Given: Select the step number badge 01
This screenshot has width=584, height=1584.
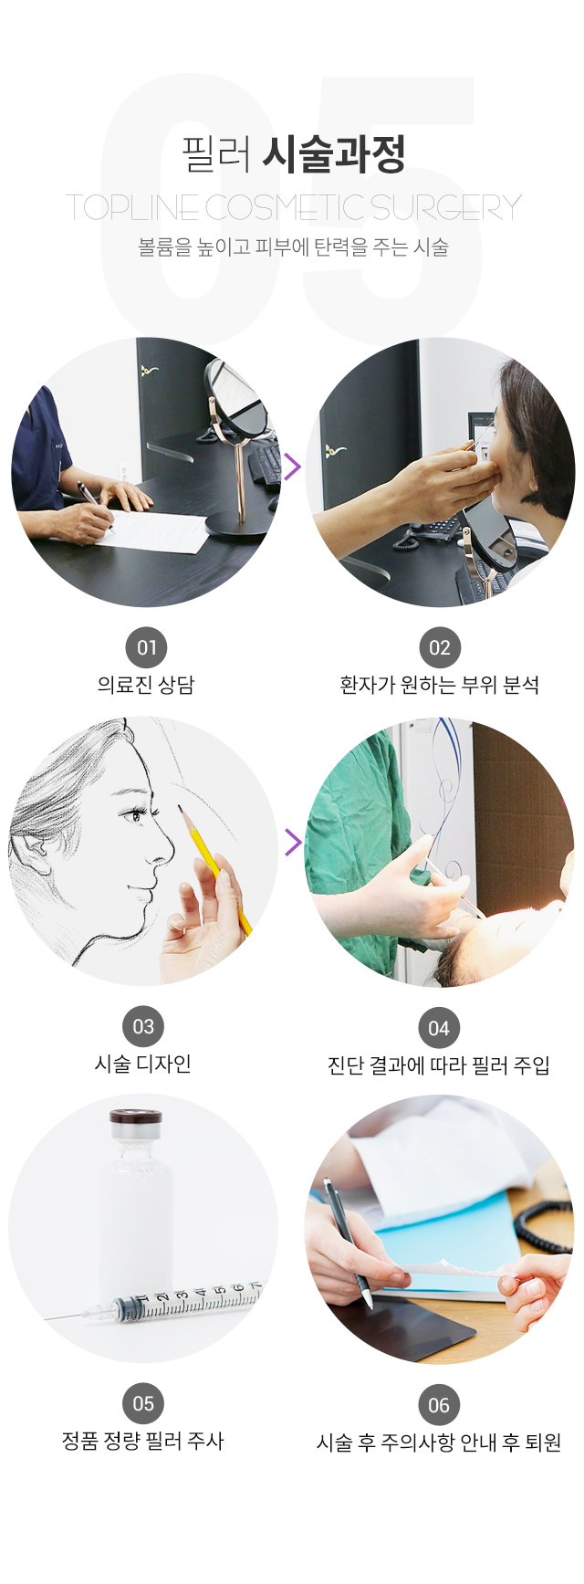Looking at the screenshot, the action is pos(147,648).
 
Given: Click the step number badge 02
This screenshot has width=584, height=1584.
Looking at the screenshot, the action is pos(440,648).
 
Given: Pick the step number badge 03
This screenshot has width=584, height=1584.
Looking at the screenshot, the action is pos(143,1026).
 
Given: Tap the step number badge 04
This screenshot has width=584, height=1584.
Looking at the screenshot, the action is pos(439,1028).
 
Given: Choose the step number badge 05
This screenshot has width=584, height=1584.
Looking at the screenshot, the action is pos(143,1404).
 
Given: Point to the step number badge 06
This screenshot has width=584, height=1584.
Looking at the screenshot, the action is pos(439,1406).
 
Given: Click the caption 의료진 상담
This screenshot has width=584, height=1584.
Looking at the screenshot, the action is pos(146,685).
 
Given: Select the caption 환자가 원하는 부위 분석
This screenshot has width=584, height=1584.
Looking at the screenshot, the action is pos(440,685).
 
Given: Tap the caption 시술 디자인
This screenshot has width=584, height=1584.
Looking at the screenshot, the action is pos(143,1064).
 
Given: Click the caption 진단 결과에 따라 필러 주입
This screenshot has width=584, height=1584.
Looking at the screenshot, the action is pos(439,1065).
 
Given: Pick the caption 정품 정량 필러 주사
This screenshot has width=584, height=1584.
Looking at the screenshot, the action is pos(142,1442).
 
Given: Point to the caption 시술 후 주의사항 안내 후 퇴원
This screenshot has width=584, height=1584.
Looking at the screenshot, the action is pos(439,1443).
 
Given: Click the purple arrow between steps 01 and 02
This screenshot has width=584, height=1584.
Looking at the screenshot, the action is pos(292,467).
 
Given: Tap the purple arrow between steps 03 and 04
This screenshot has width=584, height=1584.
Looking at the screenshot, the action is pos(292,842).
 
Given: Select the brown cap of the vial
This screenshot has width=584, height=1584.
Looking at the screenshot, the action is pos(136,1117).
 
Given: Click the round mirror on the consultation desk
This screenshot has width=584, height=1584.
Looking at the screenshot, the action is pos(237,399).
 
